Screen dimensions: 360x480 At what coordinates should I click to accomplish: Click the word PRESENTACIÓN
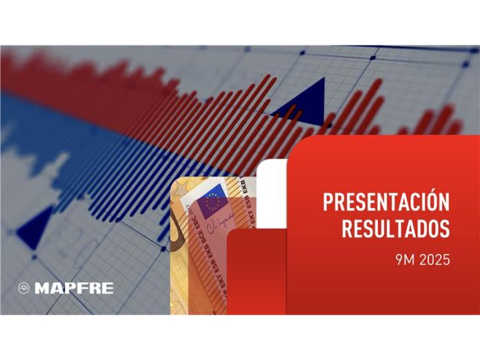[x=386, y=203]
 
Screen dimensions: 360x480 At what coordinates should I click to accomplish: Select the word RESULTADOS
[x=395, y=228]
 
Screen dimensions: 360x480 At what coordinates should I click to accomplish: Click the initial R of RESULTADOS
[x=347, y=228]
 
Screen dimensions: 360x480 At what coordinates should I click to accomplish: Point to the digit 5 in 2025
[x=446, y=260]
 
